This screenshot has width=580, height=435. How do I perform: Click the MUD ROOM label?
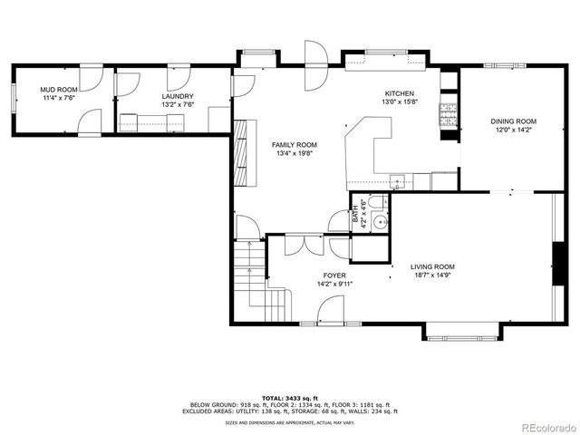(x=55, y=90)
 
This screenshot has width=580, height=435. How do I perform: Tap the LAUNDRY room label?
(x=178, y=96)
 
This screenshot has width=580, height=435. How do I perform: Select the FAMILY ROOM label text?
(x=295, y=145)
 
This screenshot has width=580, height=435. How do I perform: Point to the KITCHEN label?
(x=400, y=93)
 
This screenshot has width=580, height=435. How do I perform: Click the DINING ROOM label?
(x=514, y=121)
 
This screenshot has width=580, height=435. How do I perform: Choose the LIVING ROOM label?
(x=432, y=266)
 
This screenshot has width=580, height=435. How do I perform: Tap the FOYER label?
(x=335, y=275)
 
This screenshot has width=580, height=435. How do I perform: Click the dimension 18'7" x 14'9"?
(x=432, y=275)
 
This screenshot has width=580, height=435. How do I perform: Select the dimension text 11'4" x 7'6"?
(x=55, y=99)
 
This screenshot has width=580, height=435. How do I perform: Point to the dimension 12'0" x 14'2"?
(x=514, y=130)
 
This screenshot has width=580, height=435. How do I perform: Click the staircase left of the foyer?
(x=251, y=276)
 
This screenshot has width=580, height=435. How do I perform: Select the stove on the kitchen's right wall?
(x=447, y=114)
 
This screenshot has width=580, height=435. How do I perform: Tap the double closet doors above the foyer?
(x=304, y=243)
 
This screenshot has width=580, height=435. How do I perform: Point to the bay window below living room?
(x=461, y=333)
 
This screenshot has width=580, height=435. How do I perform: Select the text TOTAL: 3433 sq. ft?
(x=289, y=397)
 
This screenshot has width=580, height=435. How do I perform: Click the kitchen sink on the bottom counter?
(x=396, y=178)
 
